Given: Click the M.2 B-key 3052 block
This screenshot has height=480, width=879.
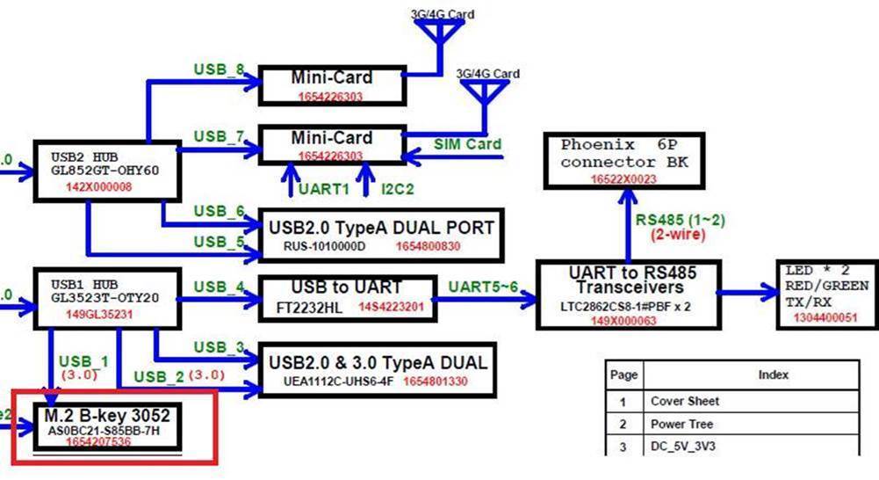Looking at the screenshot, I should pos(110,427).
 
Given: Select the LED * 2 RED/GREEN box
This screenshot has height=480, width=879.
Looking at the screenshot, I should pos(825,294).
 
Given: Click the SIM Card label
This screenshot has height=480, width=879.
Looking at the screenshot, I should pos(468,144).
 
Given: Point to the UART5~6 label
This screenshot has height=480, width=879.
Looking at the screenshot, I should pos(483,287).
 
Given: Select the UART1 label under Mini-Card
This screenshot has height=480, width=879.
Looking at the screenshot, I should pos(324,188).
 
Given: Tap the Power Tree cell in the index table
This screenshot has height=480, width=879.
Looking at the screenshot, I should pos(682,424).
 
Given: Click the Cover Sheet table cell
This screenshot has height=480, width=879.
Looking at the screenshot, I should pos(685,401).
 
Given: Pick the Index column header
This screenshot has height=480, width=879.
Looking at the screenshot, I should pos(773,375).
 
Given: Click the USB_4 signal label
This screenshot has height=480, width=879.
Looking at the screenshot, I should pos(217,287).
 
